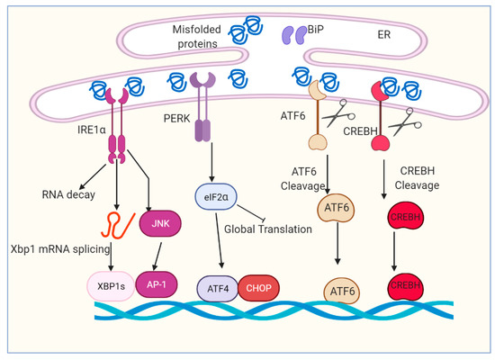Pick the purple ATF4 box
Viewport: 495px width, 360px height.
point(217,286)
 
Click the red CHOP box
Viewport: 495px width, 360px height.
point(259,286)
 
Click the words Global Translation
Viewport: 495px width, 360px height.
point(268,229)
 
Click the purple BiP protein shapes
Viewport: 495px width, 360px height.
point(294,35)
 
